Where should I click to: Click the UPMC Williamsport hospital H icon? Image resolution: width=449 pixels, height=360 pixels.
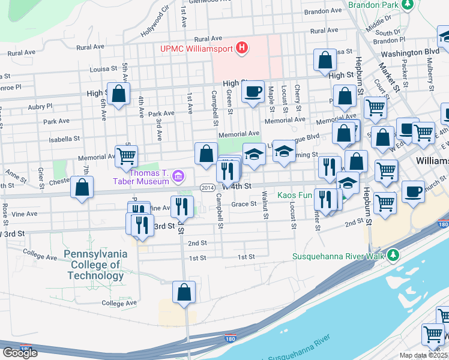(x=242, y=47)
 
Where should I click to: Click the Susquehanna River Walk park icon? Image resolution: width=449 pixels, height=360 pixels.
(x=393, y=256)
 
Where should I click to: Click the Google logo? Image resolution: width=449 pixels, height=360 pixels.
(x=20, y=353)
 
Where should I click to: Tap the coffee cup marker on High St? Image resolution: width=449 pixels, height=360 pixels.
(x=253, y=92)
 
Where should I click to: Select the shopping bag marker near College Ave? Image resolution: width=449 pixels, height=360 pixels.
(x=184, y=292)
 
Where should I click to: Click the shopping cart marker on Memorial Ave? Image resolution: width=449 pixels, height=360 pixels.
(x=126, y=156)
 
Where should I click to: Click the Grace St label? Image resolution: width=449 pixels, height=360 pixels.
(x=244, y=203)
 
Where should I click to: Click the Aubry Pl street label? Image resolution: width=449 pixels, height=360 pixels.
(x=40, y=106)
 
